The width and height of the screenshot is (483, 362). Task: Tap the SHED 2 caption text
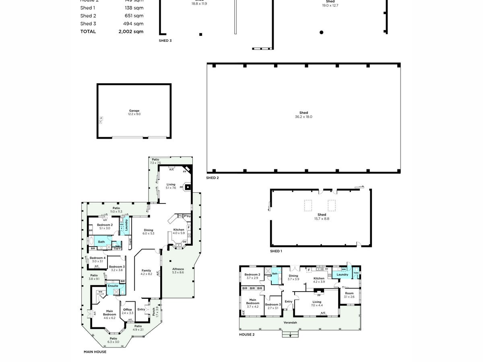pos(212,178)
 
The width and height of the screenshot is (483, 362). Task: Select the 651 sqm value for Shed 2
pos(134,16)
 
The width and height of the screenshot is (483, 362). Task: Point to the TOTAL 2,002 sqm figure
pos(131,31)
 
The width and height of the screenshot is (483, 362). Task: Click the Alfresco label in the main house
pos(178,270)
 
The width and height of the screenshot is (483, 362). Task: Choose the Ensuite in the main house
pos(113,286)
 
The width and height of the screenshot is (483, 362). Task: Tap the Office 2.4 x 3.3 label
pos(127,311)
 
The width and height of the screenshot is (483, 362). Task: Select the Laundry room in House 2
pos(342,275)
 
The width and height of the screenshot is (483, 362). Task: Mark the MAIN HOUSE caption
pos(95,352)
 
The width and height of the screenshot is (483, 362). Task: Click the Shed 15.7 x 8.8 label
pos(322,217)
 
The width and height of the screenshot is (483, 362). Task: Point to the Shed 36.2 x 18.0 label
pos(303,115)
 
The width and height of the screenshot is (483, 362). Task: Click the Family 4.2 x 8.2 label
pos(146,272)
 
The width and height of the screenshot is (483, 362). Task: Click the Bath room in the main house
pos(101,242)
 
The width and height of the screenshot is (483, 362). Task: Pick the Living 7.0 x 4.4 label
pos(317,304)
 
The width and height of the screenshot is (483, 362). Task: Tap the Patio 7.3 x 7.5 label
pos(155,161)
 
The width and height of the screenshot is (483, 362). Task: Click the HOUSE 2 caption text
pos(247,335)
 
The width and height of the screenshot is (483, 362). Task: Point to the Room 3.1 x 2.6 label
pos(349,295)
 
